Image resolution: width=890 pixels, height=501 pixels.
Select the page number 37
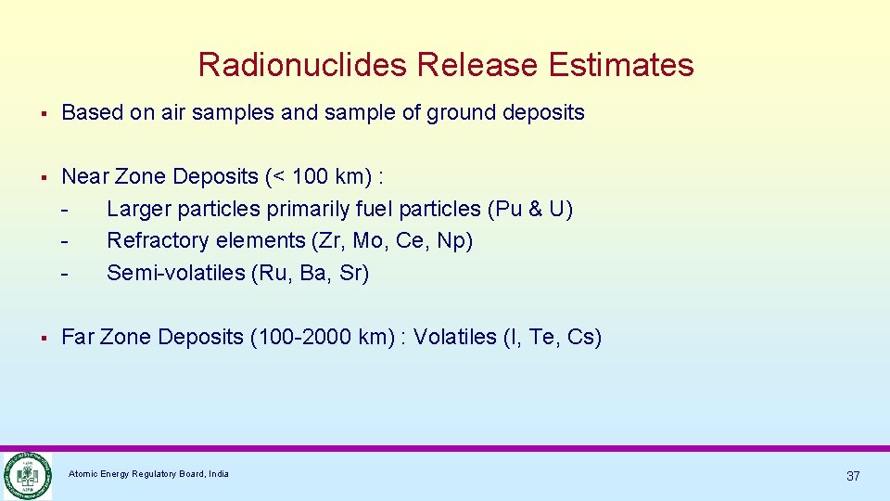(x=853, y=476)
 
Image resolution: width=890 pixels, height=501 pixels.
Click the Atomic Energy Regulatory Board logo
(x=27, y=476)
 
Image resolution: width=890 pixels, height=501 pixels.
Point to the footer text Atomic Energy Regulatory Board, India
(x=148, y=474)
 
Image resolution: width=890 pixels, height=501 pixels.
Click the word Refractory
(x=154, y=241)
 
